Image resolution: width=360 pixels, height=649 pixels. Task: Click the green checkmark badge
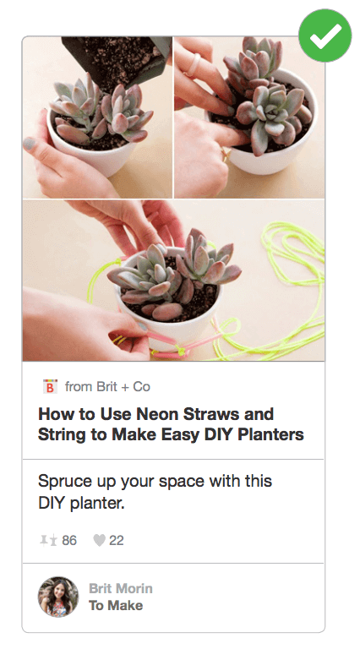(x=325, y=35)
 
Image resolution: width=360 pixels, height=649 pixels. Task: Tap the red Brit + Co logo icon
(x=50, y=386)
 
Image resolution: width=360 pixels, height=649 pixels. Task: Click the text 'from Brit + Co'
(x=107, y=387)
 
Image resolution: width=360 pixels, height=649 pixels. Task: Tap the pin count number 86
(x=69, y=541)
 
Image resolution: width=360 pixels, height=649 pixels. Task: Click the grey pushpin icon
(x=48, y=541)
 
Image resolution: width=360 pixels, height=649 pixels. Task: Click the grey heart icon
(x=99, y=541)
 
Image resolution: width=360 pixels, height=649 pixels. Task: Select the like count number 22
(x=117, y=541)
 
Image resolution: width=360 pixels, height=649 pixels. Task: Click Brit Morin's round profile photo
(x=58, y=597)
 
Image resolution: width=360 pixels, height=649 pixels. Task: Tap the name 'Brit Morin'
(x=121, y=588)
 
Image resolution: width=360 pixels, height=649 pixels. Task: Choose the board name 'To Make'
(x=116, y=606)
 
